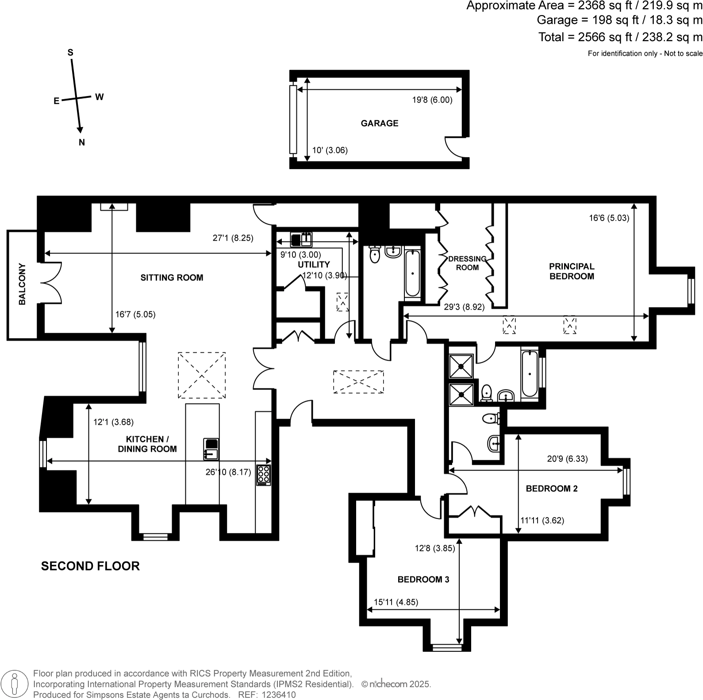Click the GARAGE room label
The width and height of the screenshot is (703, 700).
[379, 123]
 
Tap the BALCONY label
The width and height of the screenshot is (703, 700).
[22, 285]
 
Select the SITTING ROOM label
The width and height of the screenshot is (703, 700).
[172, 278]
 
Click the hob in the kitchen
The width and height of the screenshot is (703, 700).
[264, 475]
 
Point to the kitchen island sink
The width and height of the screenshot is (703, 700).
[211, 449]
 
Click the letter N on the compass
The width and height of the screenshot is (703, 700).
[81, 142]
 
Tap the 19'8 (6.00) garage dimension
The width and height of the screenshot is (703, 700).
[432, 100]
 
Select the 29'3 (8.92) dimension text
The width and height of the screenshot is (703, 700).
[464, 307]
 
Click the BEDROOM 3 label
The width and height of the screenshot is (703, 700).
[423, 579]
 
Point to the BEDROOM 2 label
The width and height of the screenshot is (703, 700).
[551, 488]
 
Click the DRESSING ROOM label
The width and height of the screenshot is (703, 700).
[467, 263]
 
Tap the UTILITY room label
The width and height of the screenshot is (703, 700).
[314, 265]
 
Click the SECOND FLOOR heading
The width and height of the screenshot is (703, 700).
[90, 566]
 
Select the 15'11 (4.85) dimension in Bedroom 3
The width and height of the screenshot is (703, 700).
[396, 602]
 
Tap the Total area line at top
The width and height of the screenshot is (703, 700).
[620, 37]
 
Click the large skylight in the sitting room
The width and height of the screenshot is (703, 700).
[202, 375]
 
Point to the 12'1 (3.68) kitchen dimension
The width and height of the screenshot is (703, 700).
[113, 423]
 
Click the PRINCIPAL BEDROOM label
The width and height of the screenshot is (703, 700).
[571, 271]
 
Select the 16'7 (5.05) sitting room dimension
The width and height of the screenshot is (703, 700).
[135, 315]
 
